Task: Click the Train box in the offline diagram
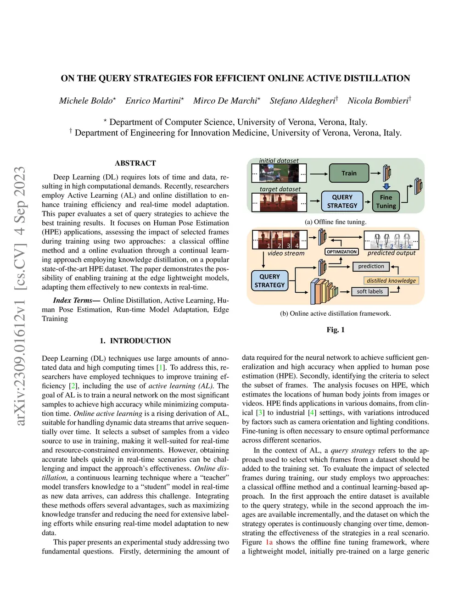pyautogui.click(x=349, y=173)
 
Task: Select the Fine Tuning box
pyautogui.click(x=386, y=201)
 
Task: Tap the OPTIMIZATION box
pyautogui.click(x=341, y=252)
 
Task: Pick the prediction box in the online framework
pyautogui.click(x=371, y=266)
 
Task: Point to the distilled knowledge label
pyautogui.click(x=391, y=280)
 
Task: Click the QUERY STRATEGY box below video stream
pyautogui.click(x=269, y=281)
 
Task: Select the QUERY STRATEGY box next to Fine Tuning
pyautogui.click(x=342, y=201)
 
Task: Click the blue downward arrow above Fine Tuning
pyautogui.click(x=386, y=186)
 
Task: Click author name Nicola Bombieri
pyautogui.click(x=378, y=101)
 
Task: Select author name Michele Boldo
pyautogui.click(x=86, y=101)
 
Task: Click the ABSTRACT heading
pyautogui.click(x=135, y=163)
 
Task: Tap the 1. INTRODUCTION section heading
pyautogui.click(x=135, y=341)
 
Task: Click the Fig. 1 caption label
pyautogui.click(x=336, y=330)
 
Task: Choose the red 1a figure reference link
pyautogui.click(x=269, y=542)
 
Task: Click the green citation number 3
pyautogui.click(x=260, y=413)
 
